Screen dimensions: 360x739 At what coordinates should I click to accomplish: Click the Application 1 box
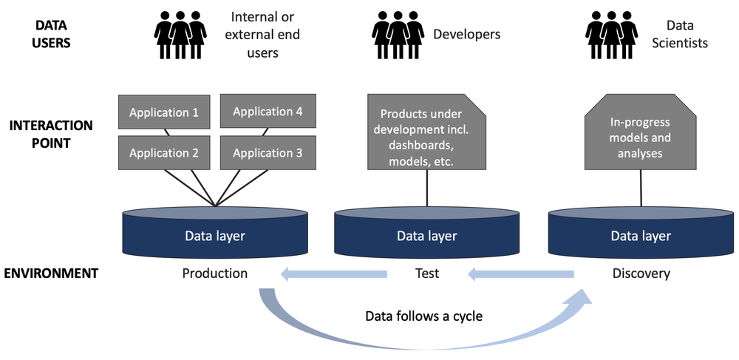point(163,113)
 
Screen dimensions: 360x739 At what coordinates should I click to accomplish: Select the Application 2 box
point(163,154)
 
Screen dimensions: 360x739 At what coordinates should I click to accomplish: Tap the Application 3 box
point(268,153)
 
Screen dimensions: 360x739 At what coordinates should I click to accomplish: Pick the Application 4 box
point(268,112)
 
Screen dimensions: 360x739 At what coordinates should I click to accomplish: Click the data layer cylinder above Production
point(214,234)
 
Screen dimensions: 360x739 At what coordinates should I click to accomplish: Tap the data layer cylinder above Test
point(426,234)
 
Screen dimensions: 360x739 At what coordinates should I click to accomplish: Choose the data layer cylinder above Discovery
point(640,234)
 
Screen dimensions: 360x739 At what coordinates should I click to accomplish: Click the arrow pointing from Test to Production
point(333,274)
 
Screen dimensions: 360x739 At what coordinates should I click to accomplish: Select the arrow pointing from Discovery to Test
point(520,274)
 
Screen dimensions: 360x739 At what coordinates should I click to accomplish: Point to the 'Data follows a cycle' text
point(423,316)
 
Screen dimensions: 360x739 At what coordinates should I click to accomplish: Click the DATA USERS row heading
point(52,33)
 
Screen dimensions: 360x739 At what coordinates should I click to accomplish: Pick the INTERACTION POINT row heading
point(51,134)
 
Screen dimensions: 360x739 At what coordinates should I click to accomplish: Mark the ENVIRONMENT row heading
point(51,273)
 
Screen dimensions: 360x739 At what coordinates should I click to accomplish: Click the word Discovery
point(641,274)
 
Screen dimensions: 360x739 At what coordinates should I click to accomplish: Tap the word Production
point(215,274)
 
